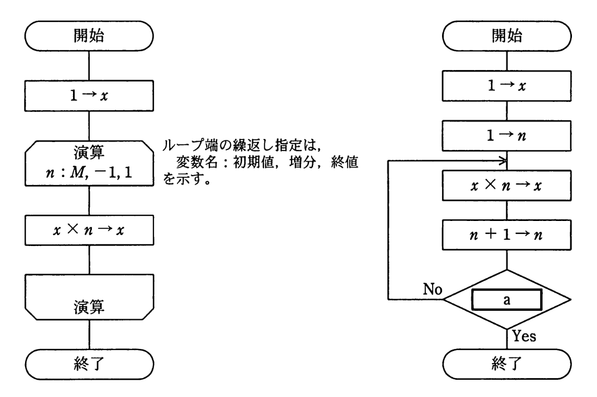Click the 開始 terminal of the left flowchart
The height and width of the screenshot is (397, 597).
89,38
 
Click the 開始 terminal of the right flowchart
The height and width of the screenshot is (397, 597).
507,38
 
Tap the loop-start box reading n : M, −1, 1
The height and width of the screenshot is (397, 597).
89,162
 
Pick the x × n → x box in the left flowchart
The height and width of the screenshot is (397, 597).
89,230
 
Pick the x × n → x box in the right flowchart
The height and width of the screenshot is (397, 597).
507,185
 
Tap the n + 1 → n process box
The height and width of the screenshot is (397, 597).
507,235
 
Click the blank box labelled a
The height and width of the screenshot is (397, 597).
506,300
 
